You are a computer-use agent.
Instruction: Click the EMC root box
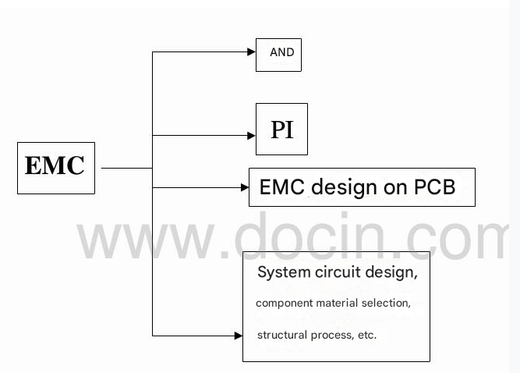(55, 167)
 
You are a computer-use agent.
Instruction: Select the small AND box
(278, 54)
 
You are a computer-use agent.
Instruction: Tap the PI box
(281, 130)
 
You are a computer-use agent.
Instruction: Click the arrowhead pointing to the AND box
(251, 52)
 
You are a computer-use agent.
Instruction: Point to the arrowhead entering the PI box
(251, 135)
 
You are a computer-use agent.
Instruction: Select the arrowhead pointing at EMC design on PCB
(244, 187)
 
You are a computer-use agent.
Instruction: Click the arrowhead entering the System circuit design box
(239, 336)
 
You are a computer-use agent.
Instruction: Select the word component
(283, 304)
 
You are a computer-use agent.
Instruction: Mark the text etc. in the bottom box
(366, 335)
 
